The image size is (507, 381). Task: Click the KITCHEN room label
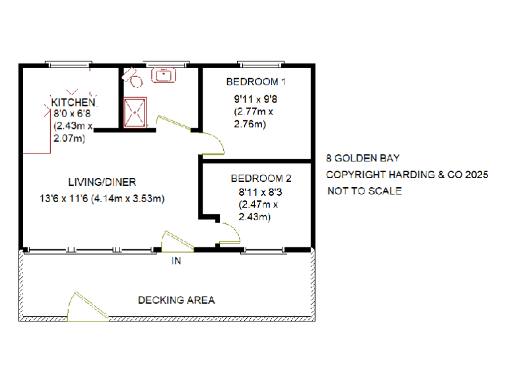click(x=74, y=103)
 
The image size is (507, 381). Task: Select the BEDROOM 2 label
click(x=261, y=179)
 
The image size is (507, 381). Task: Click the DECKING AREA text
click(x=176, y=300)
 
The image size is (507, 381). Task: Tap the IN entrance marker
click(x=176, y=261)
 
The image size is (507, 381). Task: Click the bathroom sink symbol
click(x=163, y=75)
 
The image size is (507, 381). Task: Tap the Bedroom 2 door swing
click(x=228, y=233)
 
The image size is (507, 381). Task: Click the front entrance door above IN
click(x=176, y=241)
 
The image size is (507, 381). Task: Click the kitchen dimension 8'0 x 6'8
click(x=72, y=114)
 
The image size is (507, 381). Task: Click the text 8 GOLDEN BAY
click(x=362, y=159)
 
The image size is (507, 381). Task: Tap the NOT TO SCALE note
click(x=364, y=191)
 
